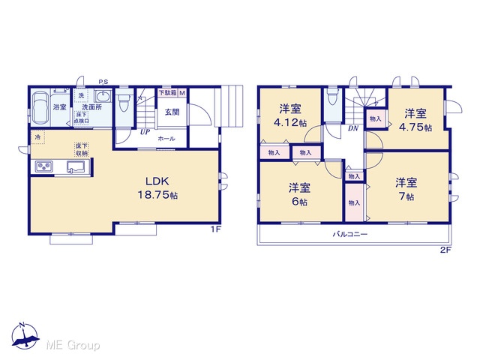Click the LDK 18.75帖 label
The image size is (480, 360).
coord(158,188)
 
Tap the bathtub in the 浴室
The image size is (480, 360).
coord(40,106)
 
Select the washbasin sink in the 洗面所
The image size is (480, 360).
coord(103,97)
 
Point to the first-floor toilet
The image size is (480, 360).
coord(124,102)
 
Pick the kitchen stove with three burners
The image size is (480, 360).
coord(44,166)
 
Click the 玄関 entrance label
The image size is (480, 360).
coord(172,112)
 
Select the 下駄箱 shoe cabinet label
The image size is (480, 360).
coord(167,92)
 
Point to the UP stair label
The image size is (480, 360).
coord(145,132)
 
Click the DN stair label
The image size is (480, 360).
coord(353,128)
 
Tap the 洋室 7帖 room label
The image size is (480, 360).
coord(406,190)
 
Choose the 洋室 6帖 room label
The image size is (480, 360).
coord(299,194)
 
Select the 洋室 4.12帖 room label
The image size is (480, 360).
coord(290,115)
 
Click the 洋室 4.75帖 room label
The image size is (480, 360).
coord(415,120)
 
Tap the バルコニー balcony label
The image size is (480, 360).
coord(350,235)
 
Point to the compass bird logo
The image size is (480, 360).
coord(25,335)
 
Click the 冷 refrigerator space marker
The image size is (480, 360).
coord(37,137)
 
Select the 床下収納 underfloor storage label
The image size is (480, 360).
coord(82,149)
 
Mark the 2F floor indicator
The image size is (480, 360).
coord(445,250)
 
